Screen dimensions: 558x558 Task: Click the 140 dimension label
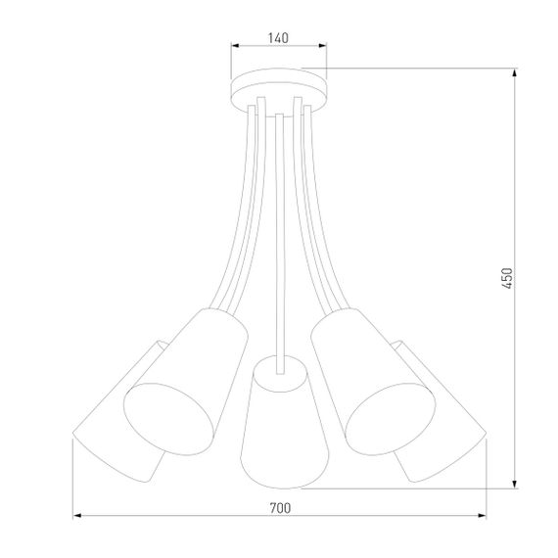(278, 38)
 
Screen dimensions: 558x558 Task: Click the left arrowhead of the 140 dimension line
(233, 46)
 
